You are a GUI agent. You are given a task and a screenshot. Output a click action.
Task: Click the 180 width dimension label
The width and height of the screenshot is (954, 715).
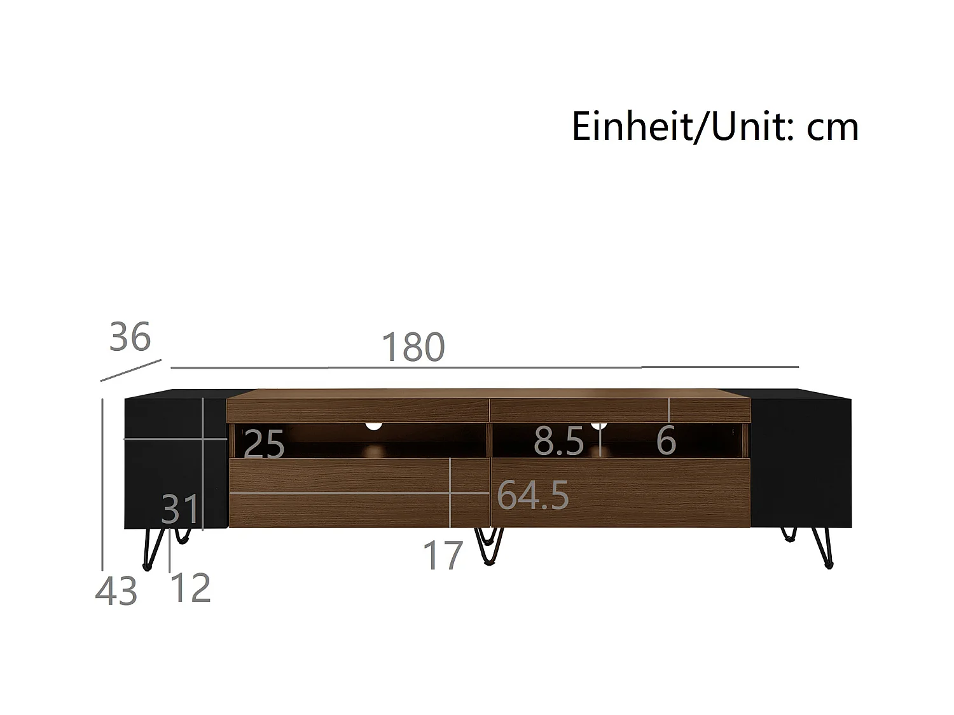coord(413,346)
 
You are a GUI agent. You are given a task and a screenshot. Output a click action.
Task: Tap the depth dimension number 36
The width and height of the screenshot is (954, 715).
coord(130,336)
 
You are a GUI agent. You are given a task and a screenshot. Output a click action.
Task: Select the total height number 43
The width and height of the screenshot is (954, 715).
coord(116,591)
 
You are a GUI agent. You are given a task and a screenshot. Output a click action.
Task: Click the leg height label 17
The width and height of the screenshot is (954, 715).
coord(443,555)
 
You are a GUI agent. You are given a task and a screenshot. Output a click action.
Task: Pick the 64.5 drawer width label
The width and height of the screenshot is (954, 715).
coord(533,495)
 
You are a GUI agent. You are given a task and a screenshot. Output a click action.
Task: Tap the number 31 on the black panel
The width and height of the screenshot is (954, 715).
coord(179,509)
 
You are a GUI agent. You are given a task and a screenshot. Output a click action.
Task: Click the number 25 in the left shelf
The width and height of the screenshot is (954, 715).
coord(264,444)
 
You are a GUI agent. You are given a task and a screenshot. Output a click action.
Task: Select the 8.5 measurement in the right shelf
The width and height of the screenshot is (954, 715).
coord(559,440)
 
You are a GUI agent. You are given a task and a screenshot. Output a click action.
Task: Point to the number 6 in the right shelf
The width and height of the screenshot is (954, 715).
coord(666,440)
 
